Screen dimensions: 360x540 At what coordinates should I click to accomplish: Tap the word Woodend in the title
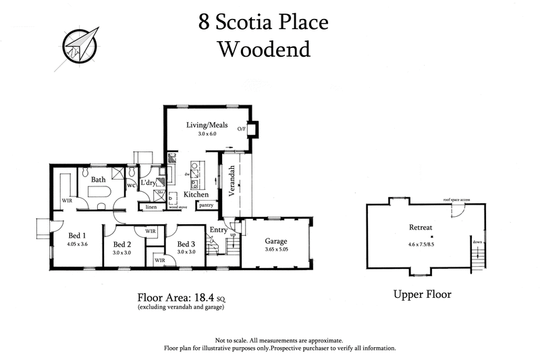[x=263, y=50]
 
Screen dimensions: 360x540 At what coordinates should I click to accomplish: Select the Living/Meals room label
[x=207, y=126]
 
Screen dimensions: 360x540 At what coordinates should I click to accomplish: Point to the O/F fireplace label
[x=241, y=128]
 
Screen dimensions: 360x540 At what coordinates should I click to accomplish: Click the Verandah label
[x=232, y=180]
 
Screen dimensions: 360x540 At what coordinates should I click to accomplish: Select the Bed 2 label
[x=122, y=245]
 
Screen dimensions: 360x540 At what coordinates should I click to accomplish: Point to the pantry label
[x=207, y=205]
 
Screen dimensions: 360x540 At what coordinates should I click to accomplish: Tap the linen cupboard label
[x=152, y=207]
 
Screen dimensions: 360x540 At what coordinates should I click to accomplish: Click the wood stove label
[x=178, y=207]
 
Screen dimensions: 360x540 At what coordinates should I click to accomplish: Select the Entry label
[x=219, y=231]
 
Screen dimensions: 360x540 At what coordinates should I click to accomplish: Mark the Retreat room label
[x=420, y=228]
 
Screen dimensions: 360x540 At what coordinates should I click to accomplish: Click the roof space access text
[x=456, y=200]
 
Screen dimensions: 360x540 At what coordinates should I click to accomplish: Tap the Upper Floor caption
[x=422, y=294]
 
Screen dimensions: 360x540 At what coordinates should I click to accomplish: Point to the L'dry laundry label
[x=148, y=183]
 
